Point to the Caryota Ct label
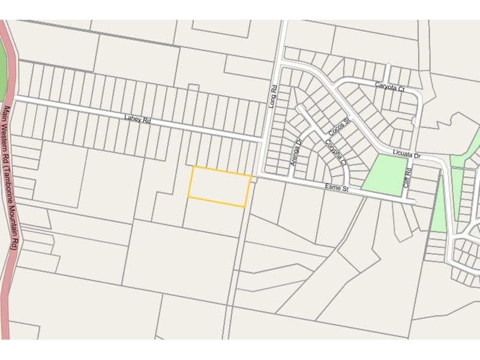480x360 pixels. [390, 88]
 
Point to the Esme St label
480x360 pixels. [337, 190]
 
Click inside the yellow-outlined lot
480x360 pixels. [220, 186]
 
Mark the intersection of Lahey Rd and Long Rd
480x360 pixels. [262, 139]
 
